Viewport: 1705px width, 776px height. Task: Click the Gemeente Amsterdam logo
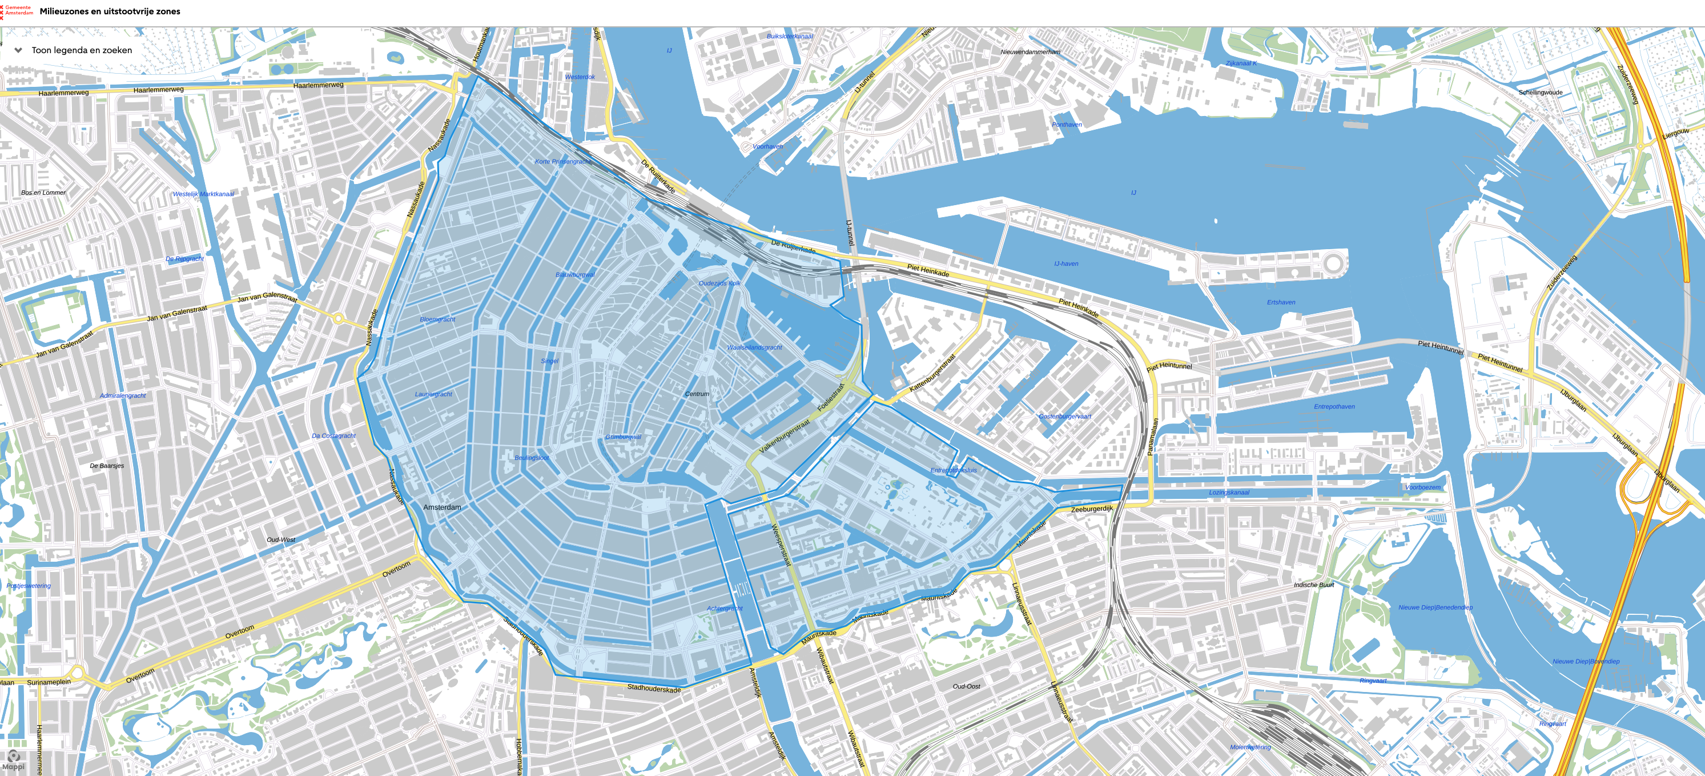coord(17,11)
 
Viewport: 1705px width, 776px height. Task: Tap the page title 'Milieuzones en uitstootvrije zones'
coord(110,11)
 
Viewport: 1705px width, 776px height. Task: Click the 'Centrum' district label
coord(696,394)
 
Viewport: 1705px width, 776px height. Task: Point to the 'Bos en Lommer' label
coord(44,193)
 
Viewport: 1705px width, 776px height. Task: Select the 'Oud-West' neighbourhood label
coord(280,539)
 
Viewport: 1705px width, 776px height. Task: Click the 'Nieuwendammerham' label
coord(1030,51)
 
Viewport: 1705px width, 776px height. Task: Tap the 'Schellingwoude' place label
coord(1539,93)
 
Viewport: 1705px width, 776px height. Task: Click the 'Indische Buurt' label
coord(1313,585)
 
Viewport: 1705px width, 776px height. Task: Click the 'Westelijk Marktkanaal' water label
coord(203,194)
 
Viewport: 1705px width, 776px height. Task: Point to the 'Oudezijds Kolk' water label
coord(719,283)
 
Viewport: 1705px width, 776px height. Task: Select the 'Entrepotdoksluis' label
coord(953,470)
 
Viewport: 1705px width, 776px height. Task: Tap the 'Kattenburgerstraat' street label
coord(932,373)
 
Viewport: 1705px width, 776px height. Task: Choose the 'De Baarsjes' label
coord(107,466)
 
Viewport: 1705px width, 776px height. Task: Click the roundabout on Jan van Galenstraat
coord(338,319)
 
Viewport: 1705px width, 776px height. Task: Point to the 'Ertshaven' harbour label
coord(1281,303)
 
